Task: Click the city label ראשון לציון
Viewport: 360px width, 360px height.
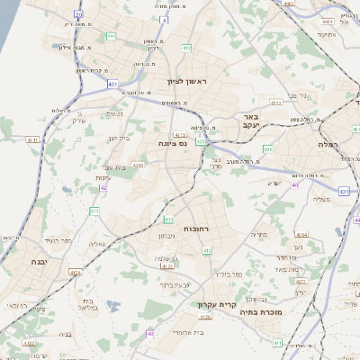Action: coord(186,81)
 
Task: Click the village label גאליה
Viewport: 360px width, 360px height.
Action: coord(99,244)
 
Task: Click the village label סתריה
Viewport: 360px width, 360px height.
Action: coord(259,234)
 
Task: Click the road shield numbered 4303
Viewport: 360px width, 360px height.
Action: coord(138,164)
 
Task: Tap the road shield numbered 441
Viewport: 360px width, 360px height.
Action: coord(112,36)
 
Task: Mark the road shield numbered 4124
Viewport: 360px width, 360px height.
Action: coord(76,271)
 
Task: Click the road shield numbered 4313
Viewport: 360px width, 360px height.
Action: coord(275,103)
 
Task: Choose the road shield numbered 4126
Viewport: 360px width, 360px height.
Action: coord(206,316)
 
